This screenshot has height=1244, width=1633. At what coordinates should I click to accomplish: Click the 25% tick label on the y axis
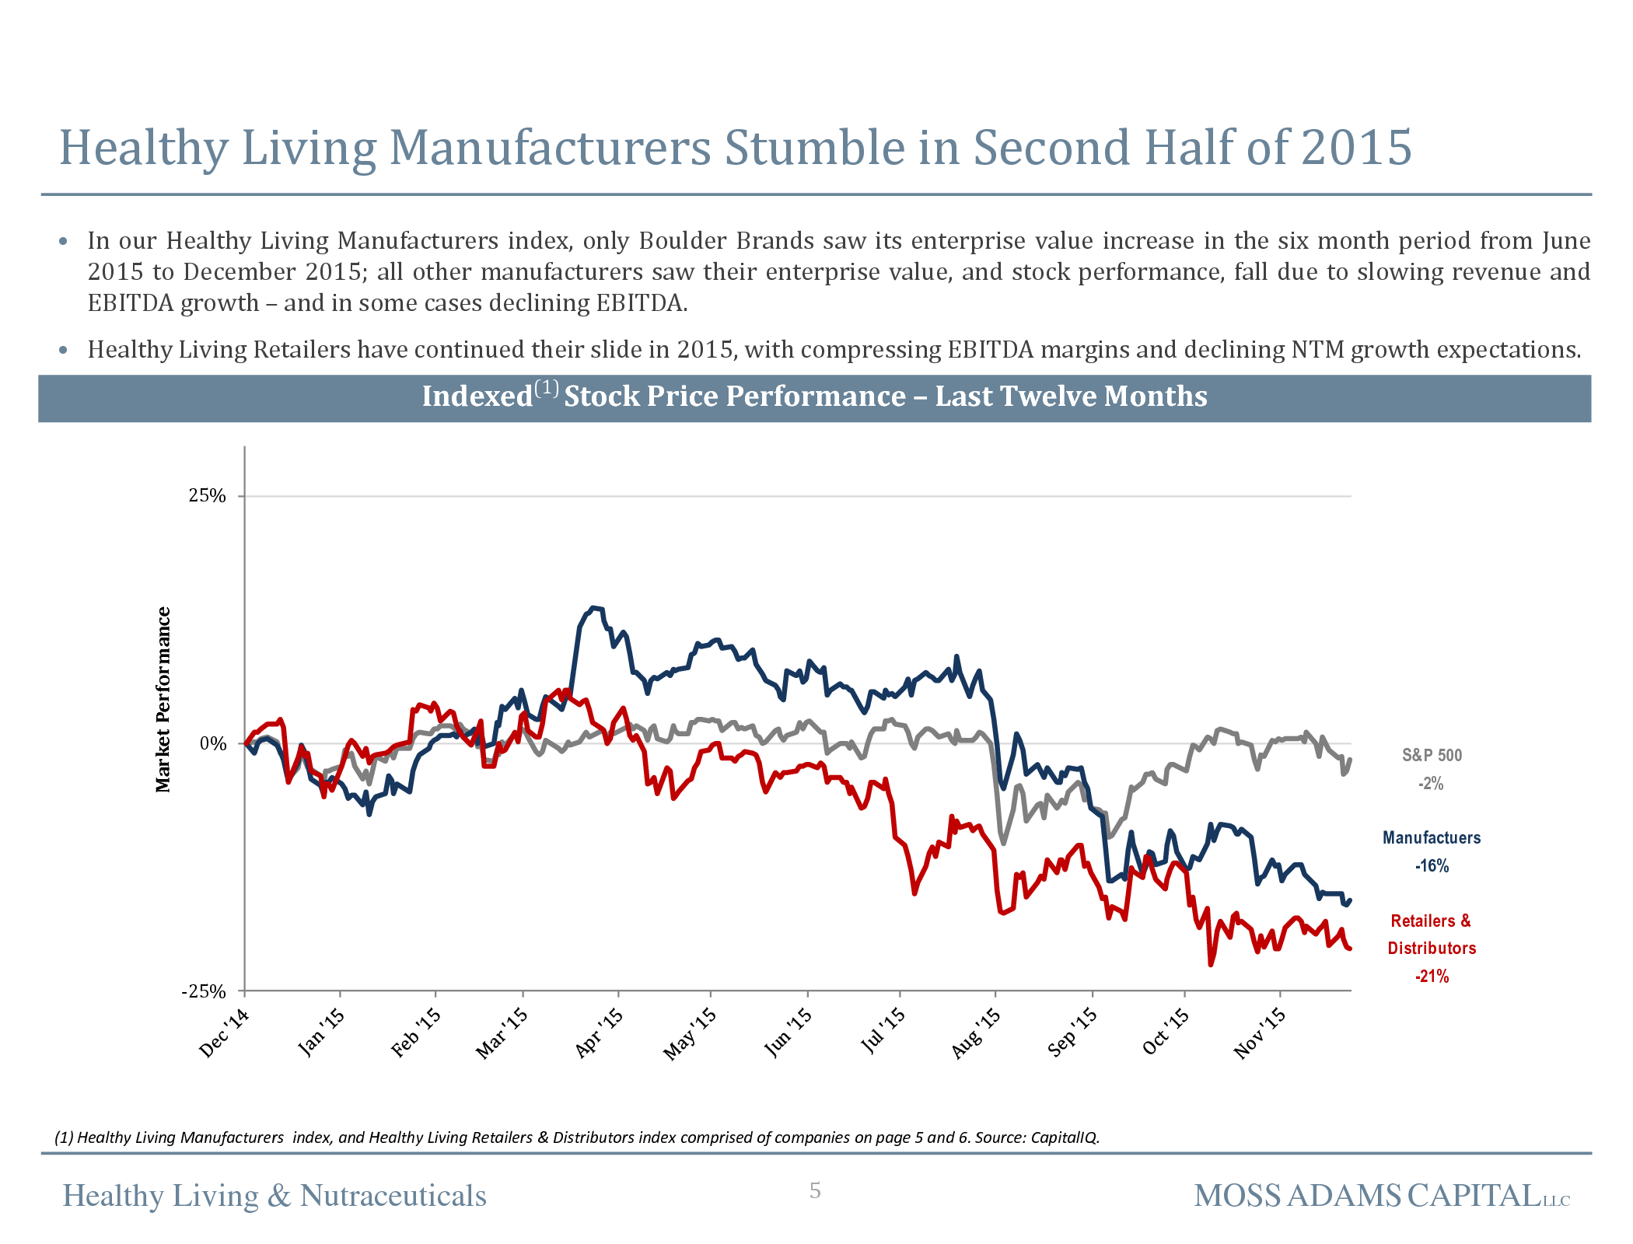pyautogui.click(x=207, y=496)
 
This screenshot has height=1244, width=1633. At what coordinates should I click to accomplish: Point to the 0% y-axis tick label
pyautogui.click(x=212, y=744)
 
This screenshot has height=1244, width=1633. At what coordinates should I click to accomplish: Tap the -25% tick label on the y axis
pyautogui.click(x=204, y=991)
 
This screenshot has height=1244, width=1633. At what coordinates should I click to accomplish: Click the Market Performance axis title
pyautogui.click(x=163, y=700)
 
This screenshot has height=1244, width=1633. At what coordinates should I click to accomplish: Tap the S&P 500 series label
pyautogui.click(x=1432, y=755)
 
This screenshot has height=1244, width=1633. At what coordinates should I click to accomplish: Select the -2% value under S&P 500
pyautogui.click(x=1431, y=784)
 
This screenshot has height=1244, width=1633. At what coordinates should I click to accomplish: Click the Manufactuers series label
pyautogui.click(x=1431, y=837)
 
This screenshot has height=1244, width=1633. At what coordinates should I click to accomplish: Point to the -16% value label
pyautogui.click(x=1431, y=866)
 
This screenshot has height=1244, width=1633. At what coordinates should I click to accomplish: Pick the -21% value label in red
pyautogui.click(x=1431, y=977)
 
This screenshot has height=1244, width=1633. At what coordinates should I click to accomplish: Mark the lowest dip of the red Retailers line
pyautogui.click(x=1211, y=965)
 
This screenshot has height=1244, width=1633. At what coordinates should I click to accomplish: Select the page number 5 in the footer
pyautogui.click(x=815, y=1190)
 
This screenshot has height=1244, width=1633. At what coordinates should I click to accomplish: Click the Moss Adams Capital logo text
pyautogui.click(x=1381, y=1196)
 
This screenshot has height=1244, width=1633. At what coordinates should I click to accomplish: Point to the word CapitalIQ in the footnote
pyautogui.click(x=1064, y=1137)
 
